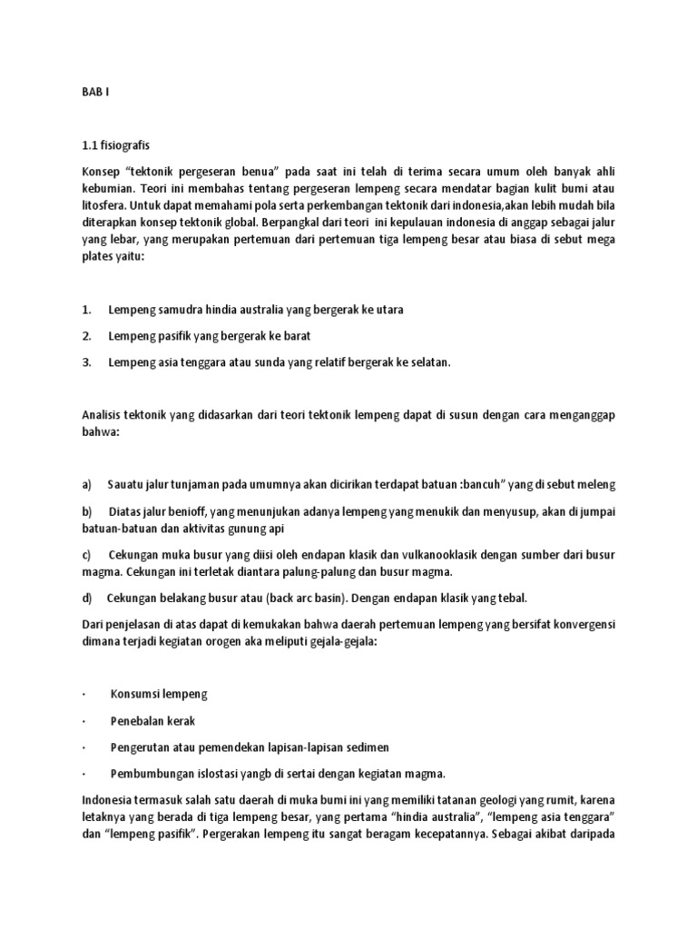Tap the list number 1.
85,310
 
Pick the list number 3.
85,362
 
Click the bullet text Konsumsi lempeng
159,694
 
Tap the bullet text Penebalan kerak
152,720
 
